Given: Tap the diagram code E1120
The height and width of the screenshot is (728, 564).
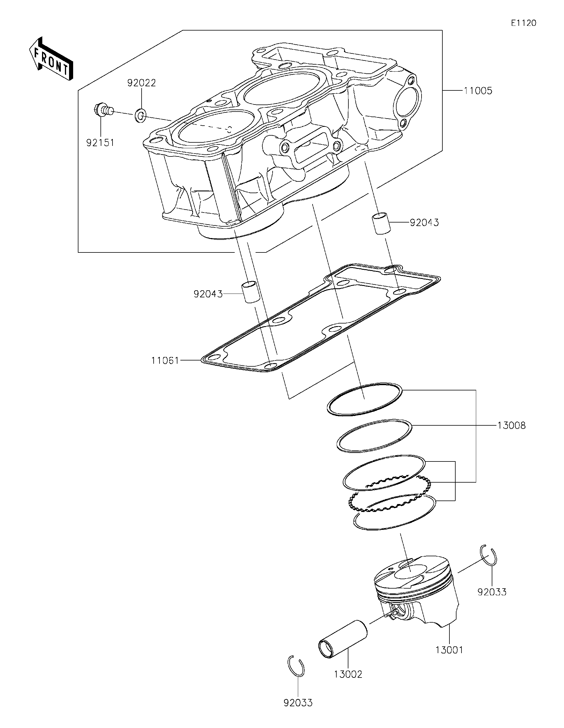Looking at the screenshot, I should pyautogui.click(x=523, y=23).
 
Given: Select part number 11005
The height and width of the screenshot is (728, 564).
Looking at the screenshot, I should pyautogui.click(x=478, y=91).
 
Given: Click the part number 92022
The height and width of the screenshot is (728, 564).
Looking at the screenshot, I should pyautogui.click(x=141, y=83).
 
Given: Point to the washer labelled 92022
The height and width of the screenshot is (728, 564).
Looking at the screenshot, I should pyautogui.click(x=140, y=116).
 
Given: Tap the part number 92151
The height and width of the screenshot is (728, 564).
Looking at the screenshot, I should pyautogui.click(x=100, y=143).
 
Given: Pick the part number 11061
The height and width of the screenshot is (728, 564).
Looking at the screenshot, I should pyautogui.click(x=165, y=360).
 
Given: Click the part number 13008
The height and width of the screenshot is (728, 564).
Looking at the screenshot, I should pyautogui.click(x=511, y=425).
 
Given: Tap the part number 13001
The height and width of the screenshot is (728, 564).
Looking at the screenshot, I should pyautogui.click(x=449, y=650).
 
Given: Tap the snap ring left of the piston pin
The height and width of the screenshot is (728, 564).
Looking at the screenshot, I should pyautogui.click(x=296, y=666).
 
